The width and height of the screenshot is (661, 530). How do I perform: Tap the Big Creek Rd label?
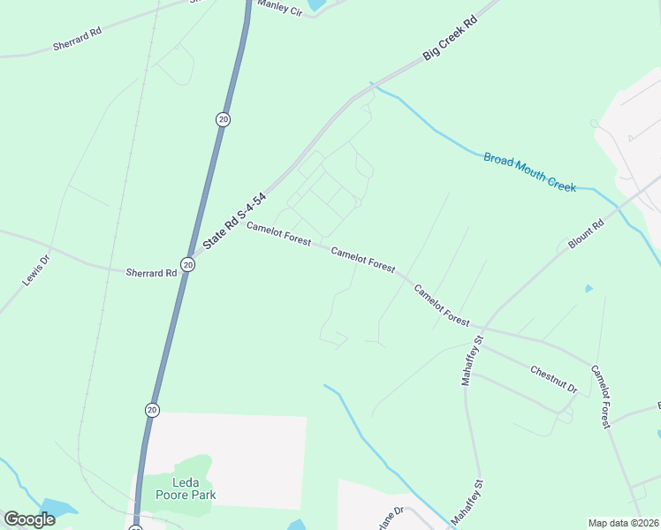(449, 37)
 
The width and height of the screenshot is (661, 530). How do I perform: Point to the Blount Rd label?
(585, 234)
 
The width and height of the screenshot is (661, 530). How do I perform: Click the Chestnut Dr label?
(554, 380)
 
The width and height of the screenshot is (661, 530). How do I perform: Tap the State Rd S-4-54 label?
(234, 221)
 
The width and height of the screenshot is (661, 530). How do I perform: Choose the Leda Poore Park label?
(186, 488)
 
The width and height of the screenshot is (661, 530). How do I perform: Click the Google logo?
(29, 519)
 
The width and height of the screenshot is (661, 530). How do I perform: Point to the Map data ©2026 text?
(623, 523)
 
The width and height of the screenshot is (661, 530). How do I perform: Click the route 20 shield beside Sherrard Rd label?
(187, 264)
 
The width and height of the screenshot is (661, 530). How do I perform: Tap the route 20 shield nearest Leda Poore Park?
(152, 410)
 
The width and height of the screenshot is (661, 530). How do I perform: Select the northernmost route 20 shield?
(223, 119)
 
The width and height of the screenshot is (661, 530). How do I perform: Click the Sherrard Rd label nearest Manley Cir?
(78, 37)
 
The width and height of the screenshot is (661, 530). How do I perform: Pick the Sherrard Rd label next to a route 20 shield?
(151, 273)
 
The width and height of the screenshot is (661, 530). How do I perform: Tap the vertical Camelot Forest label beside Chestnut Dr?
(601, 397)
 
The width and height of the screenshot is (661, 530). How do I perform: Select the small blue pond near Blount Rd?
(589, 289)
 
